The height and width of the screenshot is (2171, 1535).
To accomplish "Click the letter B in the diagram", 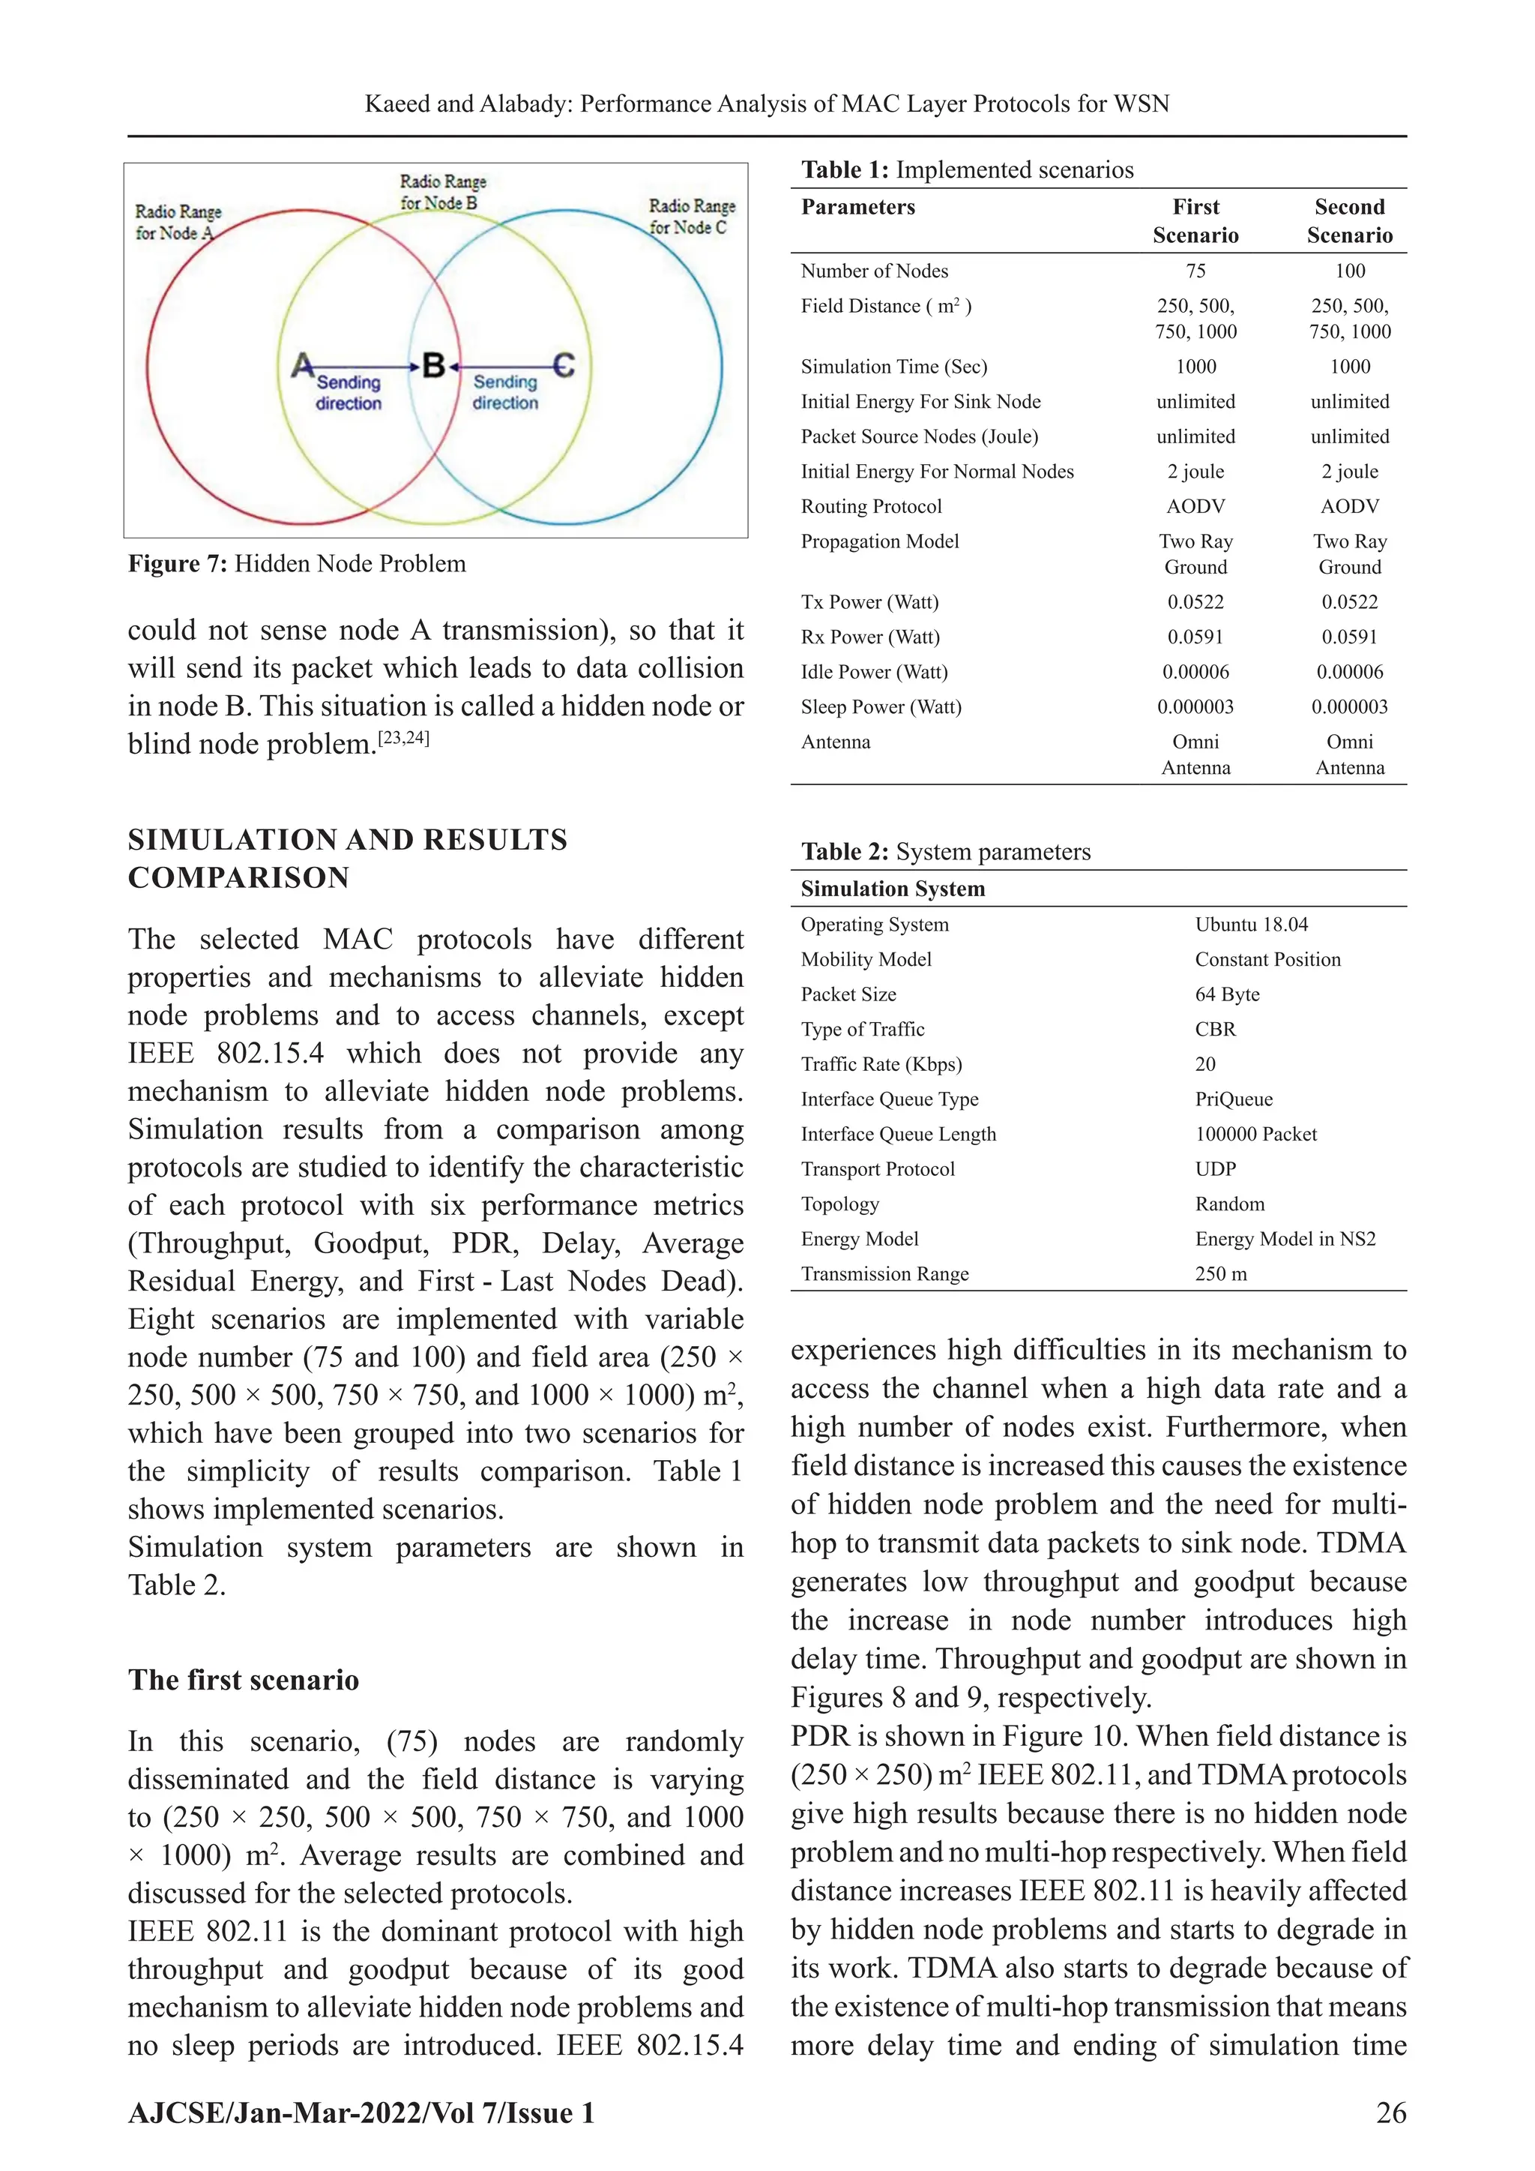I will (433, 365).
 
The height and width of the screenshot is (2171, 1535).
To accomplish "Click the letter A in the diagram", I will (301, 365).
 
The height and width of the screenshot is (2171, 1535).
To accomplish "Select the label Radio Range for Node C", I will (691, 217).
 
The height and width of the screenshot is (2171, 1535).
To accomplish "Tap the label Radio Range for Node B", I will (442, 192).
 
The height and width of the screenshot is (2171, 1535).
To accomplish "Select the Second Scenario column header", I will (1349, 221).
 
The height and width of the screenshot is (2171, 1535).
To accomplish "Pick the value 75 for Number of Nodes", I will (1195, 271).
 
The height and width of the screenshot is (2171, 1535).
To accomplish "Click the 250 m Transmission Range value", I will (1220, 1275).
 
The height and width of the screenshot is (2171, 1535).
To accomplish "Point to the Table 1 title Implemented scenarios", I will (967, 170).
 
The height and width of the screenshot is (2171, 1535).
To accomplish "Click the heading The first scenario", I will (243, 1681).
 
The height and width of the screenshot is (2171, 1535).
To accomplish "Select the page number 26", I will (1390, 2113).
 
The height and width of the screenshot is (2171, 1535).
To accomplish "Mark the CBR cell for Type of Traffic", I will (1214, 1030).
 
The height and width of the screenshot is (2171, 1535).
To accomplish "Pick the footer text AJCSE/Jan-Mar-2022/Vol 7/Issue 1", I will (361, 2113).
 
